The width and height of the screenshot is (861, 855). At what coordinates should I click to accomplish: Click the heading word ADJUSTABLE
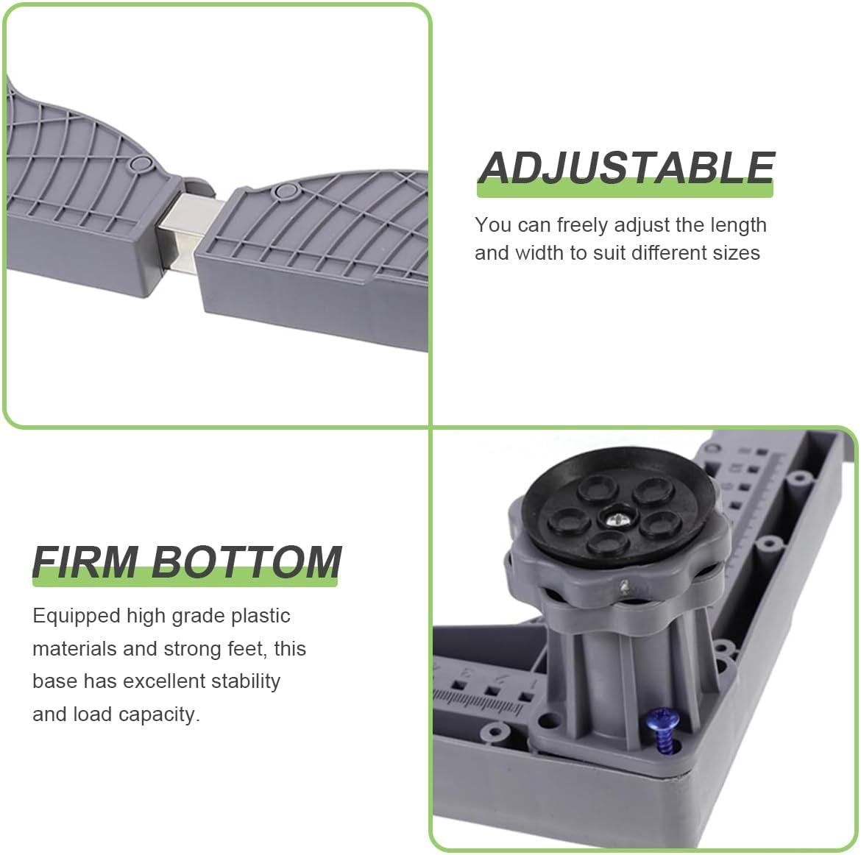click(x=626, y=168)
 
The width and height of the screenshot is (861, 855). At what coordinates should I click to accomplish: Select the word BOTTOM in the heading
click(x=247, y=563)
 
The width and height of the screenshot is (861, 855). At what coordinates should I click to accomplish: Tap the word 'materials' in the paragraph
click(x=74, y=649)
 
